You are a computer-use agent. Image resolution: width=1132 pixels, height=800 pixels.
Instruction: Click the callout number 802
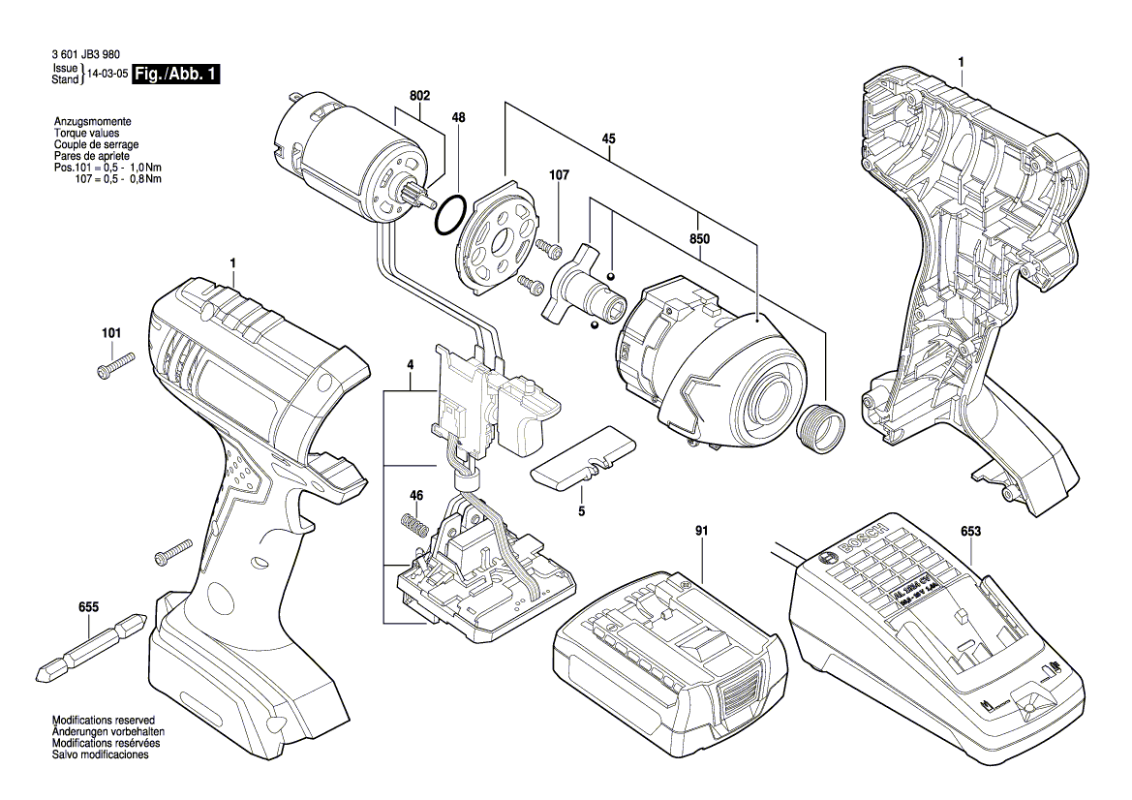(419, 95)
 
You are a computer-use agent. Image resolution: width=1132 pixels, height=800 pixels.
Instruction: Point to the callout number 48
(458, 117)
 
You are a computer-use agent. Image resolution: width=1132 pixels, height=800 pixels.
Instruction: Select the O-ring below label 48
(451, 215)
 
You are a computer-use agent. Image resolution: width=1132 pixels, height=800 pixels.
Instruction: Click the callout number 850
(699, 237)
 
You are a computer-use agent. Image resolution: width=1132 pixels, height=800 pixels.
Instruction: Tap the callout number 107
(560, 175)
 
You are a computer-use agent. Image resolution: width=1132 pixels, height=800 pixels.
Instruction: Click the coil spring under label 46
(413, 529)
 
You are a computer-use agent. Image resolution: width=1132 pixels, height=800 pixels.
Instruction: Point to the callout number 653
(970, 531)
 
